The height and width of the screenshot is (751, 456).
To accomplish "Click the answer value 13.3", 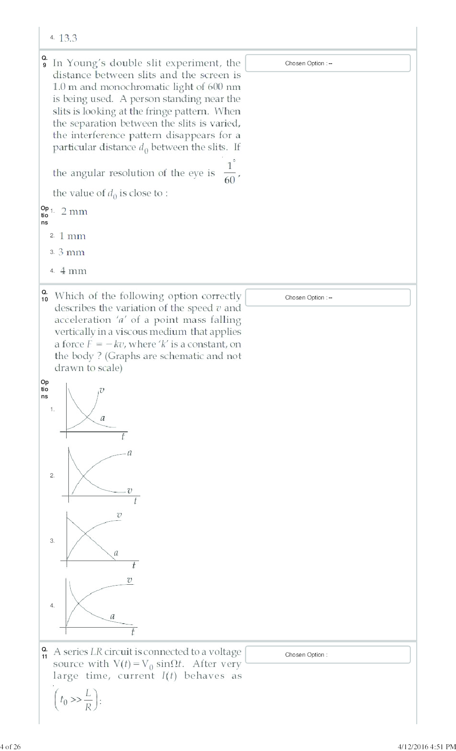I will tap(68, 38).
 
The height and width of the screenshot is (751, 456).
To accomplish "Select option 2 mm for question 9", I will tap(74, 211).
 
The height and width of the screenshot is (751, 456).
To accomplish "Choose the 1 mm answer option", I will tap(72, 236).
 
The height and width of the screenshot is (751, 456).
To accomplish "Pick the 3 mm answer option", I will tap(72, 253).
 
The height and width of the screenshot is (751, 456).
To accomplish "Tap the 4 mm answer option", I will tap(73, 271).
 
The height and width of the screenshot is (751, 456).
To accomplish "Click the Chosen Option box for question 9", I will tap(328, 63).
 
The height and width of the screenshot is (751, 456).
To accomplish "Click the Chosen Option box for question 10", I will tap(328, 297).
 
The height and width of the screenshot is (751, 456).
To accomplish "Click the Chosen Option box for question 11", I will tap(328, 654).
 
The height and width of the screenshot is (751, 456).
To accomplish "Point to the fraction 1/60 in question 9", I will tap(230, 173).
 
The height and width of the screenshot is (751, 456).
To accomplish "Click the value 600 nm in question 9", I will tap(224, 87).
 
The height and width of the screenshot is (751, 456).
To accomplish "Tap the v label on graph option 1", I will tap(102, 390).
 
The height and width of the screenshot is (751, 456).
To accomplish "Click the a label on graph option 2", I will tap(130, 453).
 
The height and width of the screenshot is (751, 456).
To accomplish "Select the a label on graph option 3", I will tap(116, 553).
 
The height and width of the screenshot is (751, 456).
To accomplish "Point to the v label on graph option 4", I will tap(130, 580).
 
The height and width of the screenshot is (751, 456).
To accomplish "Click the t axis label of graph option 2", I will tap(135, 501).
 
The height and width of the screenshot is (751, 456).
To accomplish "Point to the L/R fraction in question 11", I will tap(88, 700).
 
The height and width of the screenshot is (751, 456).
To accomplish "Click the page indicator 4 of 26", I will tap(10, 746).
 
